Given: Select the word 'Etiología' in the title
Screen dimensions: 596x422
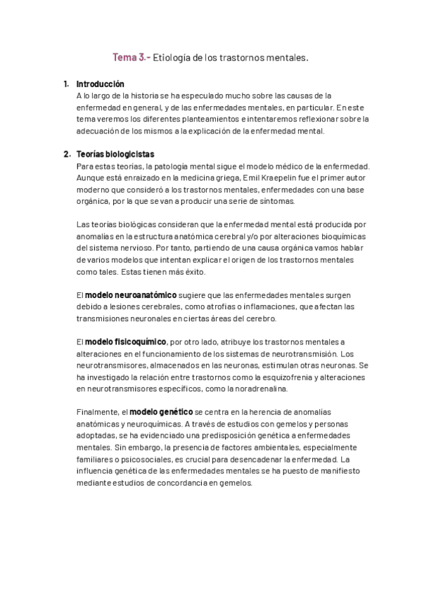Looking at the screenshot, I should pyautogui.click(x=171, y=59).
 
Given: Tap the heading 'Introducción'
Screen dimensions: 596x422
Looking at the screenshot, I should pyautogui.click(x=100, y=84).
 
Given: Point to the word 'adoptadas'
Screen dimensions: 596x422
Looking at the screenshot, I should pyautogui.click(x=96, y=436).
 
